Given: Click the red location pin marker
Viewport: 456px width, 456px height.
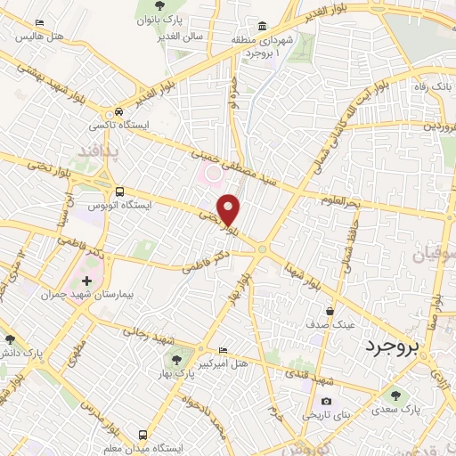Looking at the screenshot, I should click(230, 209).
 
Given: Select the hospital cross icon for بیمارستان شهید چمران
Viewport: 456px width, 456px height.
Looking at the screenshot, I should click(86, 281).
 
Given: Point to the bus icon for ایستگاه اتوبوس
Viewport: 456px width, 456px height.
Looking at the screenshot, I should click(119, 191).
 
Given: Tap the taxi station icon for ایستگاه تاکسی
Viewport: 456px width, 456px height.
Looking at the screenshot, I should click(118, 113).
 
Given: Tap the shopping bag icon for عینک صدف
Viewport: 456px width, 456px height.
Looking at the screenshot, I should click(330, 312).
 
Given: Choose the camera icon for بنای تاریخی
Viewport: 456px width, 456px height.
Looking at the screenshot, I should click(324, 403).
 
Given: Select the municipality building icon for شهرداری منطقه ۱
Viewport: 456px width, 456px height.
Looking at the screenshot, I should click(261, 26).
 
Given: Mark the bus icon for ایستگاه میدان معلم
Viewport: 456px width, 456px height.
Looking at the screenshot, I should click(143, 434).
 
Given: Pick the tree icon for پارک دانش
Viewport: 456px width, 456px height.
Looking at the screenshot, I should click(10, 339).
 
